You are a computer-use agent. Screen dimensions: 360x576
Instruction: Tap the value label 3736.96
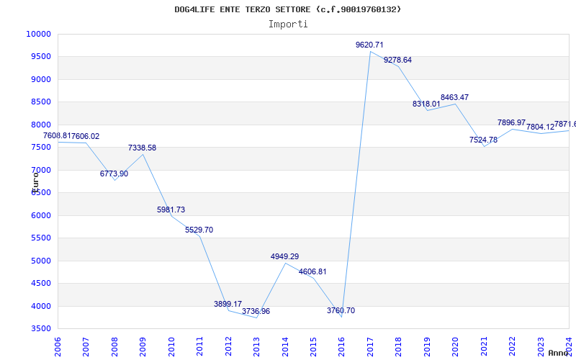click(x=256, y=311)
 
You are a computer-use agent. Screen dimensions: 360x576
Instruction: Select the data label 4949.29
click(x=284, y=256)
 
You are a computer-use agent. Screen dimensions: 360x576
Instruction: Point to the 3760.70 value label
click(x=341, y=310)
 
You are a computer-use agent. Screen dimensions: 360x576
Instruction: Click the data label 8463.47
click(x=454, y=97)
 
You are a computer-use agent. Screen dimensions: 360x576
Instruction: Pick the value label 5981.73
click(x=171, y=210)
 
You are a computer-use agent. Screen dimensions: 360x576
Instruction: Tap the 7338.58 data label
click(x=142, y=148)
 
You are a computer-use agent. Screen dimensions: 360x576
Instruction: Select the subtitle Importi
click(x=288, y=24)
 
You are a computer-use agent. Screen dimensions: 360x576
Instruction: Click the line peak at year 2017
click(x=370, y=51)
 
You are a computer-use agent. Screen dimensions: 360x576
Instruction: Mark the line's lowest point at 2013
click(x=256, y=318)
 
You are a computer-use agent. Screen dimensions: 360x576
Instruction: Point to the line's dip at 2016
click(x=341, y=317)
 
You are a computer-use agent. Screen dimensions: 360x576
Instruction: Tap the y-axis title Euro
click(x=35, y=180)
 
